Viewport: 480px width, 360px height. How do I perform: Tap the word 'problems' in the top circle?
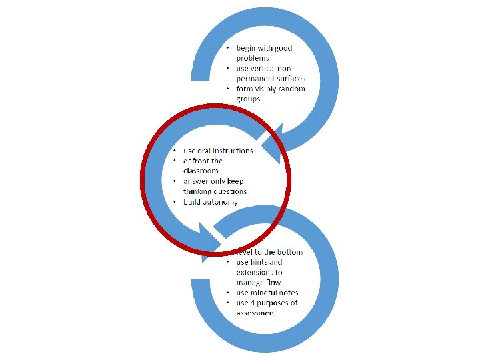pyautogui.click(x=253, y=58)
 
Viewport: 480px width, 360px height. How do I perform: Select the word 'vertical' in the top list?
pyautogui.click(x=265, y=69)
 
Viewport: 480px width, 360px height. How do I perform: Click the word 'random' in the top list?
pyautogui.click(x=289, y=89)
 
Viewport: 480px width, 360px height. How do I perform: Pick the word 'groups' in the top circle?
pyautogui.click(x=248, y=99)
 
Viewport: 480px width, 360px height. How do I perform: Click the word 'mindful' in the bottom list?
pyautogui.click(x=264, y=293)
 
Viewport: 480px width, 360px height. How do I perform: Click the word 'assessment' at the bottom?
pyautogui.click(x=256, y=313)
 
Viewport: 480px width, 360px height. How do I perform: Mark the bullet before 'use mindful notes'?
pyautogui.click(x=228, y=293)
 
